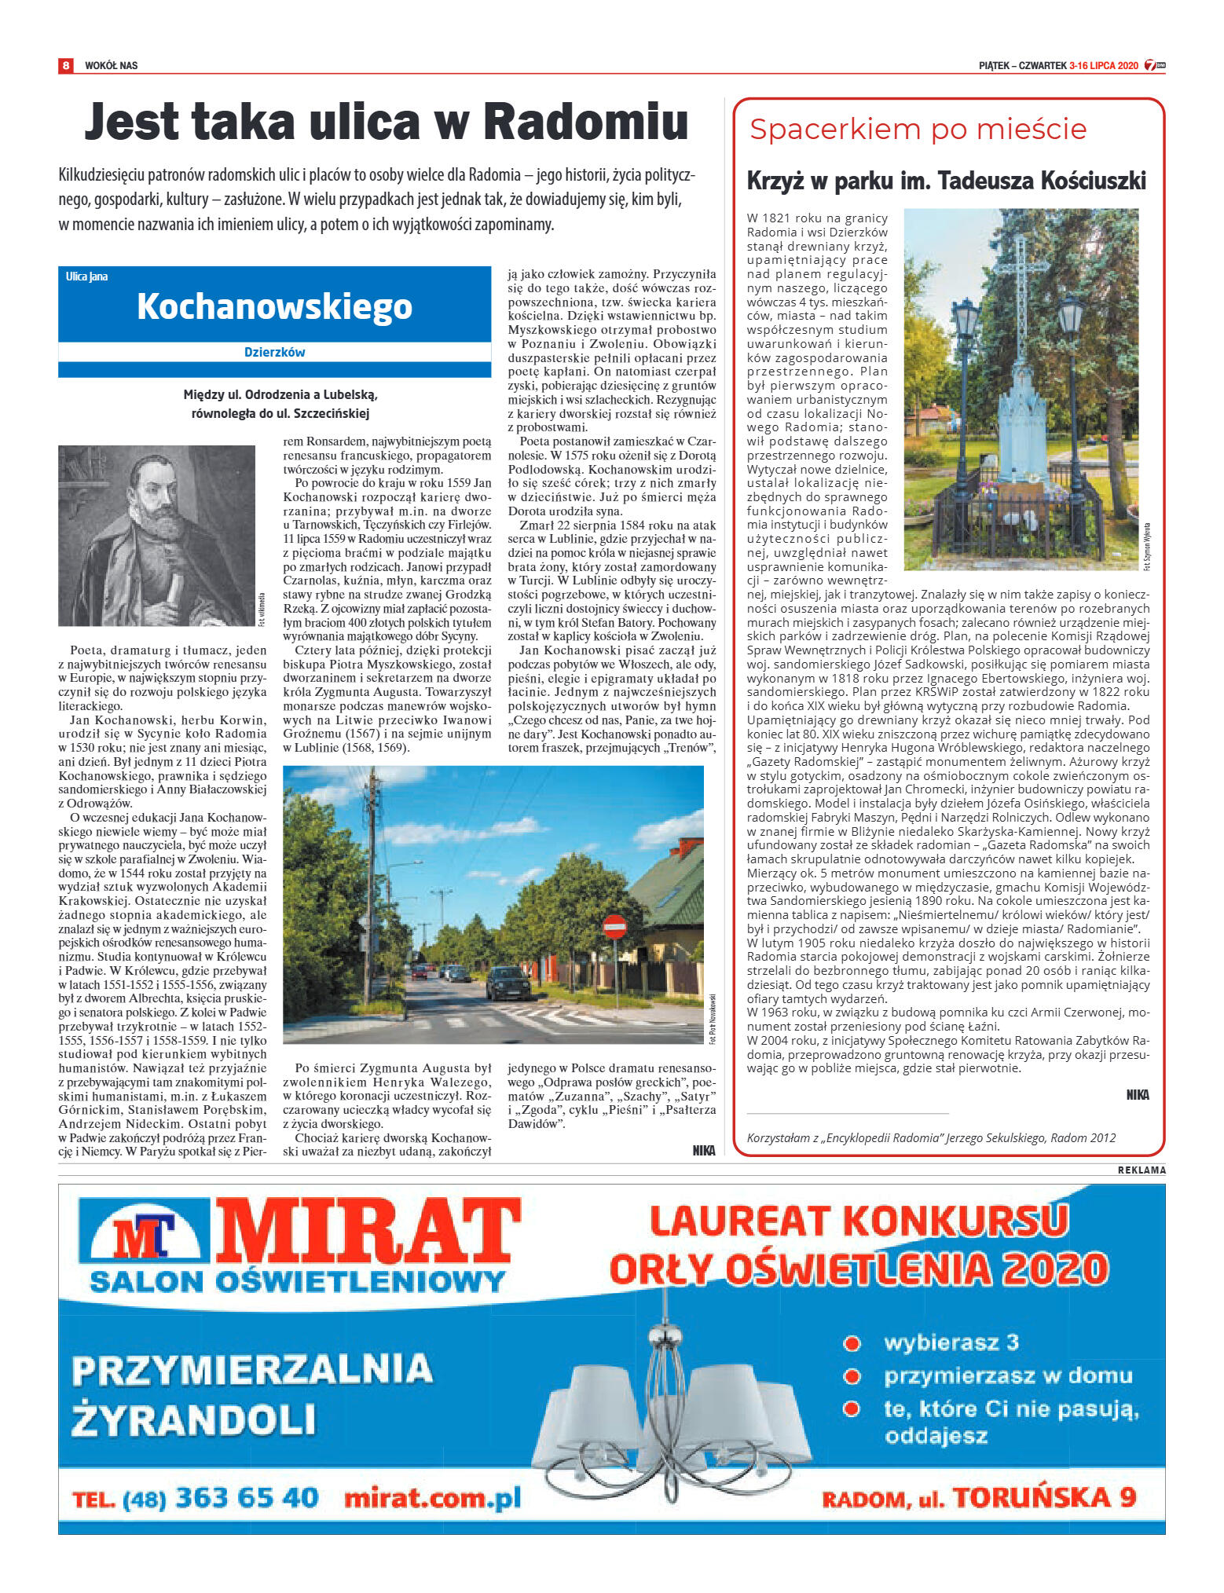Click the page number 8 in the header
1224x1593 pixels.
(66, 65)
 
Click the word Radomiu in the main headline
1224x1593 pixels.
(585, 123)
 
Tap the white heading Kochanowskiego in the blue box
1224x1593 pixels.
(274, 306)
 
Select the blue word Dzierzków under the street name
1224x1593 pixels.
(274, 353)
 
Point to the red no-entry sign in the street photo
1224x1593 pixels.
(614, 928)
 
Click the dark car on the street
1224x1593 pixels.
(508, 983)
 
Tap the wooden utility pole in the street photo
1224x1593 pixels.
(371, 888)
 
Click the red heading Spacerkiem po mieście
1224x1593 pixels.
(918, 130)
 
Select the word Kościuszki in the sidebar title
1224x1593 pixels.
(1094, 181)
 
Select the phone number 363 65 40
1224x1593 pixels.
(247, 1498)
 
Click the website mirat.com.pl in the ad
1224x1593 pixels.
(433, 1498)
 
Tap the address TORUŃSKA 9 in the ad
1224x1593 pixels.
(1045, 1498)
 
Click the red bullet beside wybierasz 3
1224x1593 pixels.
(852, 1343)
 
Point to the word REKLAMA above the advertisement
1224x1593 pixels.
(1142, 1170)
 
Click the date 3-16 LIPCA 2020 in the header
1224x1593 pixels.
(1103, 66)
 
